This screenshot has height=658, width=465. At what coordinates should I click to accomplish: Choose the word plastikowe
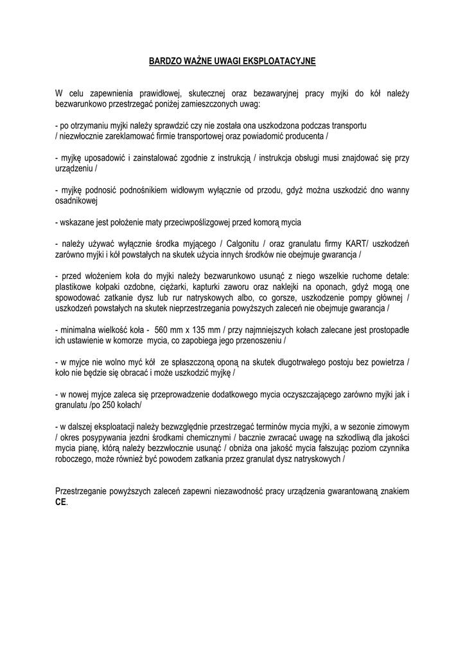76,287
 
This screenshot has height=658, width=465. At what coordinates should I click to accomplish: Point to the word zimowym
392,427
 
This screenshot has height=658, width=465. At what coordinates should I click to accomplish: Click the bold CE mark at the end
61,502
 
